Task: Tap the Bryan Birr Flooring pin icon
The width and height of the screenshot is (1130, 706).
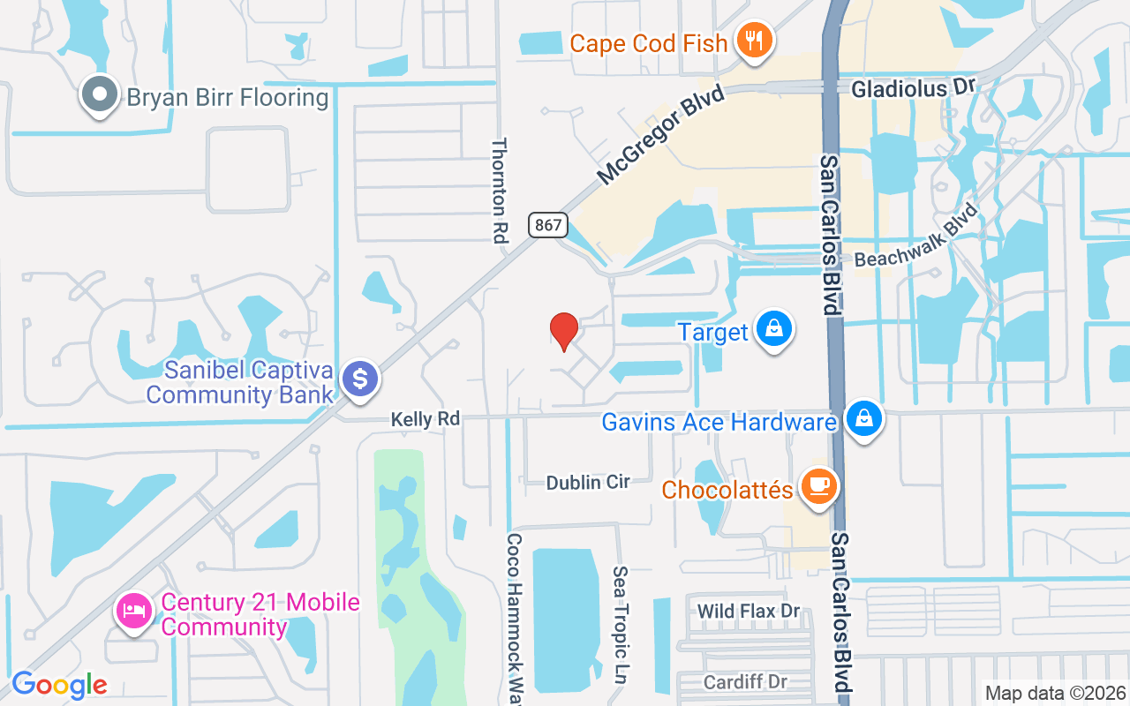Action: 99,94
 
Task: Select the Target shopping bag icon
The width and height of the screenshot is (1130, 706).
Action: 773,329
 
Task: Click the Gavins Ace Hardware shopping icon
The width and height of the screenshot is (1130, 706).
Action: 863,419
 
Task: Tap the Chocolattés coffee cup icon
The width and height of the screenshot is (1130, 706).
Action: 818,486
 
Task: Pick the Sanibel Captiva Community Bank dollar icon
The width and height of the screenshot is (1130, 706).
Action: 359,379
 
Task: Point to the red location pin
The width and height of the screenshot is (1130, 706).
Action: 563,331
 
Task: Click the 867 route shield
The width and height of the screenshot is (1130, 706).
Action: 547,225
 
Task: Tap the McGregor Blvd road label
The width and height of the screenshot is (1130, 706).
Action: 660,134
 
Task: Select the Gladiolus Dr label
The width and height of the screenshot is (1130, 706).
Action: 912,89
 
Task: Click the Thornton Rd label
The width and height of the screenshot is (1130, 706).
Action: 501,189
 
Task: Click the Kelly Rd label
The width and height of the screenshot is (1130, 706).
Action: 426,419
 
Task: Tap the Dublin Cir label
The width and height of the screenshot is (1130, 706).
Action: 588,482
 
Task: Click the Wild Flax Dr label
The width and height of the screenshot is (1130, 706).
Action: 748,611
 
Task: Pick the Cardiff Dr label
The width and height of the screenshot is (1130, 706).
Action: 745,682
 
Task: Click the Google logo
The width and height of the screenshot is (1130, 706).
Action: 59,684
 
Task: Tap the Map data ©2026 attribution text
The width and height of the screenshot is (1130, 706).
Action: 1055,693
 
